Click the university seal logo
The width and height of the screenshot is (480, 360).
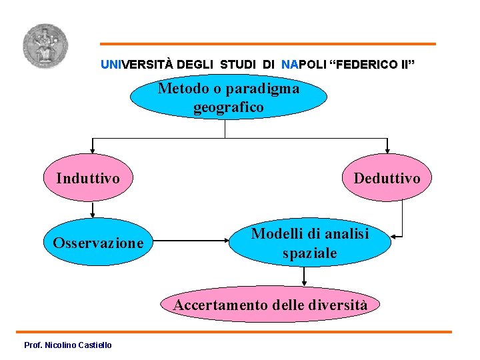tap(45, 47)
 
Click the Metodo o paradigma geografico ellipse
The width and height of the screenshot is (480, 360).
tap(228, 97)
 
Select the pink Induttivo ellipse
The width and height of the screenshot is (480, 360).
tap(88, 179)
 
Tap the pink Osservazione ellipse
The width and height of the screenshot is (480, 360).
tap(98, 243)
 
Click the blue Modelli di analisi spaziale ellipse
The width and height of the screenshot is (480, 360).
tap(310, 243)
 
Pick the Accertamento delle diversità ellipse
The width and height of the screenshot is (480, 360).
tap(270, 305)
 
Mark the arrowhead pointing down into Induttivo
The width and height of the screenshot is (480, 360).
tap(93, 151)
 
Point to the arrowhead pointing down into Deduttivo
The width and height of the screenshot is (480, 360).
tap(387, 151)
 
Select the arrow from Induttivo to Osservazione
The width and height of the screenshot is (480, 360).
tap(93, 210)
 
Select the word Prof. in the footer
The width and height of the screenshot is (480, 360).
tap(32, 345)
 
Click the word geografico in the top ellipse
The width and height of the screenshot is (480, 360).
tap(229, 107)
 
